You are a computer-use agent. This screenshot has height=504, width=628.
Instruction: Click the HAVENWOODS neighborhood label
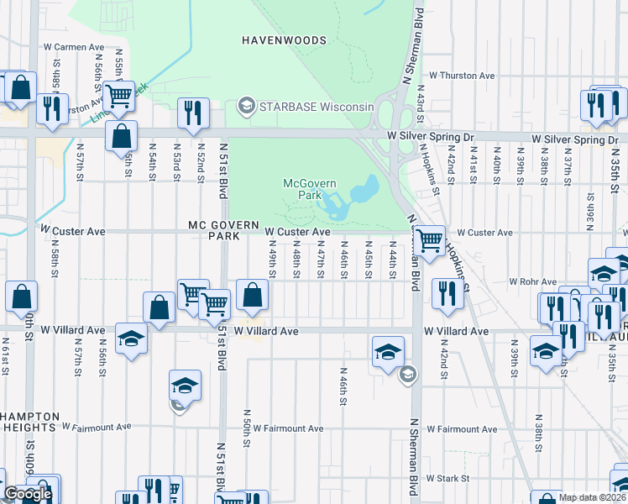pyautogui.click(x=283, y=39)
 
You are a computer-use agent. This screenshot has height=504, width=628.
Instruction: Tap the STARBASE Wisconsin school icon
pyautogui.click(x=246, y=106)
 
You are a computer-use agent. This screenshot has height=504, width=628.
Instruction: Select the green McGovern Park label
pyautogui.click(x=302, y=188)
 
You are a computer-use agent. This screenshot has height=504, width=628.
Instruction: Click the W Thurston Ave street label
pyautogui.click(x=461, y=76)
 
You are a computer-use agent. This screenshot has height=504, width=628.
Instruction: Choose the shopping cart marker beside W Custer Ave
pyautogui.click(x=430, y=241)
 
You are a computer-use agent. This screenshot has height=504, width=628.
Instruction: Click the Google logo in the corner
pyautogui.click(x=28, y=494)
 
